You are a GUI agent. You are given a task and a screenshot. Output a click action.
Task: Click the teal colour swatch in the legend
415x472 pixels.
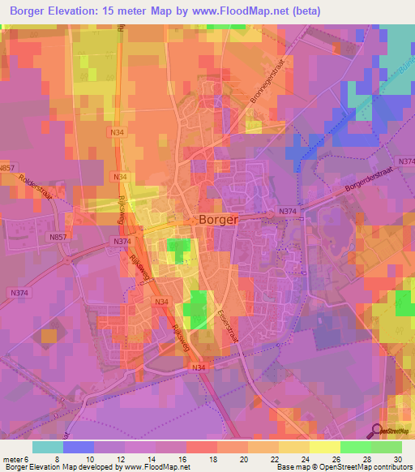48,447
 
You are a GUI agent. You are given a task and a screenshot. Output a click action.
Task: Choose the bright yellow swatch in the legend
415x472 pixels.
325,447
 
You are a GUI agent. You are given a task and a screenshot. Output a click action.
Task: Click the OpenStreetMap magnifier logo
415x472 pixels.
378,432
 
